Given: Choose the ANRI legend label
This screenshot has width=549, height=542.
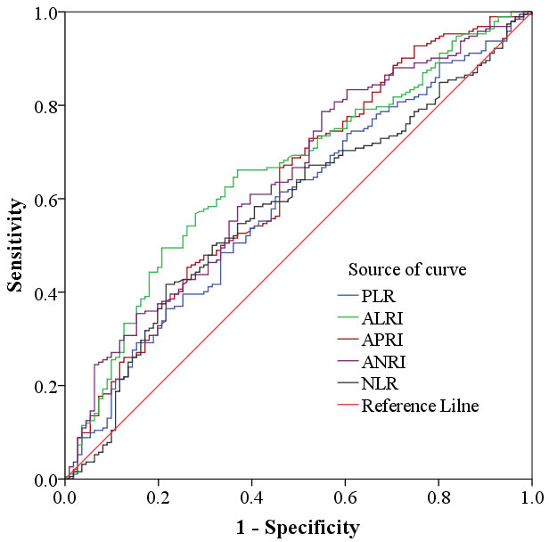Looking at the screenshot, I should point(381,362).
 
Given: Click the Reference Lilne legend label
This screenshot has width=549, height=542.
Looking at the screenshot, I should point(420,406).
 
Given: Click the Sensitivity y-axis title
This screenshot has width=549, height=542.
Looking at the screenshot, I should point(15,245).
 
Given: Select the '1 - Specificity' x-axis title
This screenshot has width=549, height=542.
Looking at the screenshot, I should point(299,527).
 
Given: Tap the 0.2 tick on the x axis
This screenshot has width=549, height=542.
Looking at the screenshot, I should point(159,496).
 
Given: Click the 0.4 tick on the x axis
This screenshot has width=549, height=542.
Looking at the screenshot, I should point(252,496).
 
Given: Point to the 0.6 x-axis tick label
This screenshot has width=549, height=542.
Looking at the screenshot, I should point(346,496).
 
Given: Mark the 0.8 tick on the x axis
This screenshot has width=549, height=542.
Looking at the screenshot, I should point(438,496).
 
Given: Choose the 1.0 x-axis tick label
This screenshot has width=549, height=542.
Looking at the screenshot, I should point(531,496).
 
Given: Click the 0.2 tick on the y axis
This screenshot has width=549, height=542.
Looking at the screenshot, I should point(44,386).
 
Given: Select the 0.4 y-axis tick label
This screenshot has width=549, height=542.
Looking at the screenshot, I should point(44,292).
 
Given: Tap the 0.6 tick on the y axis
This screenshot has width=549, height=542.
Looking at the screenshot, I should point(44,199).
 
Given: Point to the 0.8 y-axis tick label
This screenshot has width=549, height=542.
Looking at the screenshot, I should point(44,106).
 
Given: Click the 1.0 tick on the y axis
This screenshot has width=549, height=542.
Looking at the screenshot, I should point(44,13).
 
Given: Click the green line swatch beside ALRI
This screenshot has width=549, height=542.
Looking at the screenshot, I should point(348,317).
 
